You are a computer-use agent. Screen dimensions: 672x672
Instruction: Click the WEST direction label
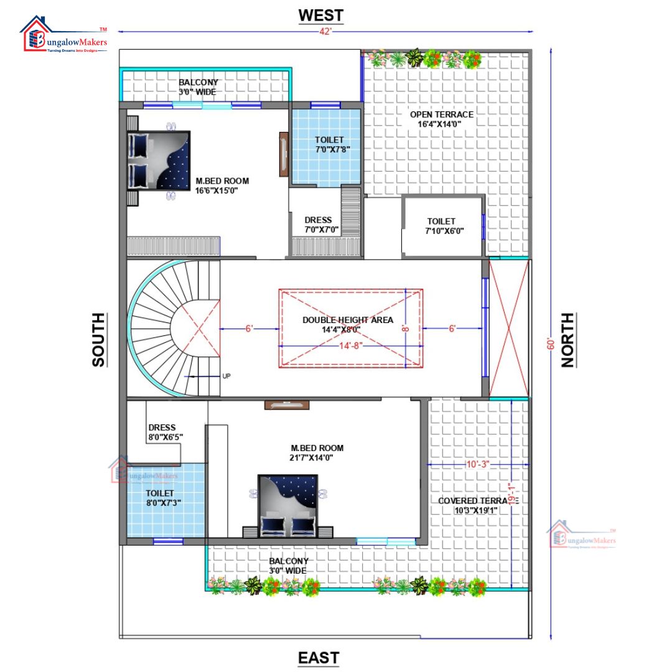(320, 14)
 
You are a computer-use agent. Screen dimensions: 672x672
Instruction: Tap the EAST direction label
(319, 658)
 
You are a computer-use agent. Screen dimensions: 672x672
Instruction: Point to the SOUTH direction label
(98, 339)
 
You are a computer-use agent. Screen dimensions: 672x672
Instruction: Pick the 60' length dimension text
(550, 344)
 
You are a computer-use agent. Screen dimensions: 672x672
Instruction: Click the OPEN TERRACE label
(441, 119)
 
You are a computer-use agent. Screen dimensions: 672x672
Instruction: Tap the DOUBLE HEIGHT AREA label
(348, 324)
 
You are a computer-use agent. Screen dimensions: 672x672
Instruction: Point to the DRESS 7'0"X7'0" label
(318, 225)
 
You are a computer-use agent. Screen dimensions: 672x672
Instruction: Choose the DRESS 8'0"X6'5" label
(165, 432)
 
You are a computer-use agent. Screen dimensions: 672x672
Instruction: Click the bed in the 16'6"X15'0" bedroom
(159, 160)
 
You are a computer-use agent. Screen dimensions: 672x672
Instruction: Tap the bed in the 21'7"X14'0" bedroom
(287, 505)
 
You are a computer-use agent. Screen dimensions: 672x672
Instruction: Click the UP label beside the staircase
(226, 376)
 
